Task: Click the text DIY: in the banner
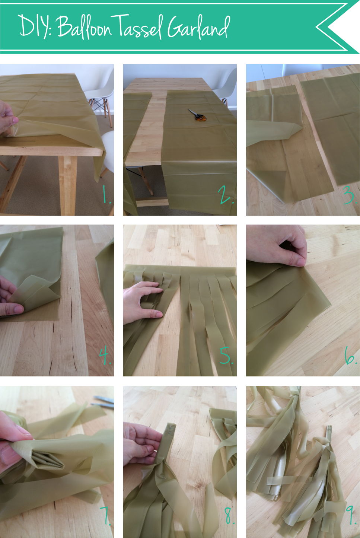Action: tap(35, 26)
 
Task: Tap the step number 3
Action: tap(348, 195)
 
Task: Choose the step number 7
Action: tap(105, 515)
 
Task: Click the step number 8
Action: tap(229, 515)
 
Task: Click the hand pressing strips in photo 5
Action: tap(144, 302)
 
